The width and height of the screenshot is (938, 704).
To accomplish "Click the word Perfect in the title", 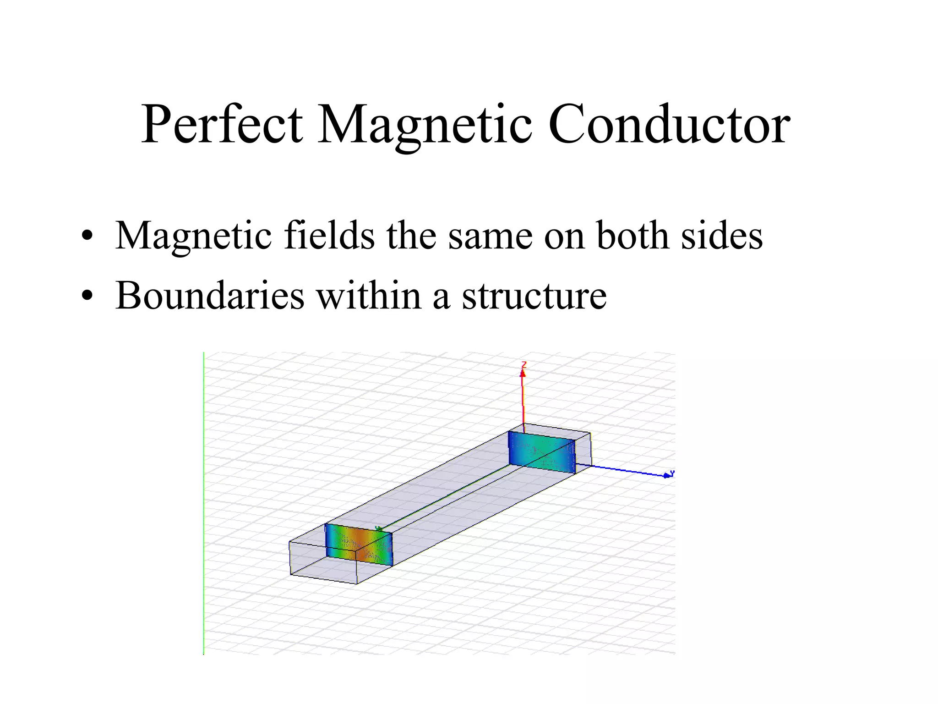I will click(222, 125).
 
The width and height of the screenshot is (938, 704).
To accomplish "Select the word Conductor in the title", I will click(669, 125).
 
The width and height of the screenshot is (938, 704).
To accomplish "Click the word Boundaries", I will click(210, 295).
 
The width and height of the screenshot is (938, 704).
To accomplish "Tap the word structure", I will click(534, 295).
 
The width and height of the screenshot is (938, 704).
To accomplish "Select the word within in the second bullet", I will click(369, 295).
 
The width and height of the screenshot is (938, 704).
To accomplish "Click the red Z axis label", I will click(524, 365).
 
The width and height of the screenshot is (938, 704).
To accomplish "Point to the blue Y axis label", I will click(672, 473).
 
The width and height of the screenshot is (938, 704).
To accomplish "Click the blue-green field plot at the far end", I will click(542, 452).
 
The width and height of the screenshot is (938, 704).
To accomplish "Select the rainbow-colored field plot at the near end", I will click(359, 545).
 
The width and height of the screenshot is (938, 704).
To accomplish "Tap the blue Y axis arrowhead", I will click(666, 476).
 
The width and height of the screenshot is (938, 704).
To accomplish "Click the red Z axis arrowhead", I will click(522, 374).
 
